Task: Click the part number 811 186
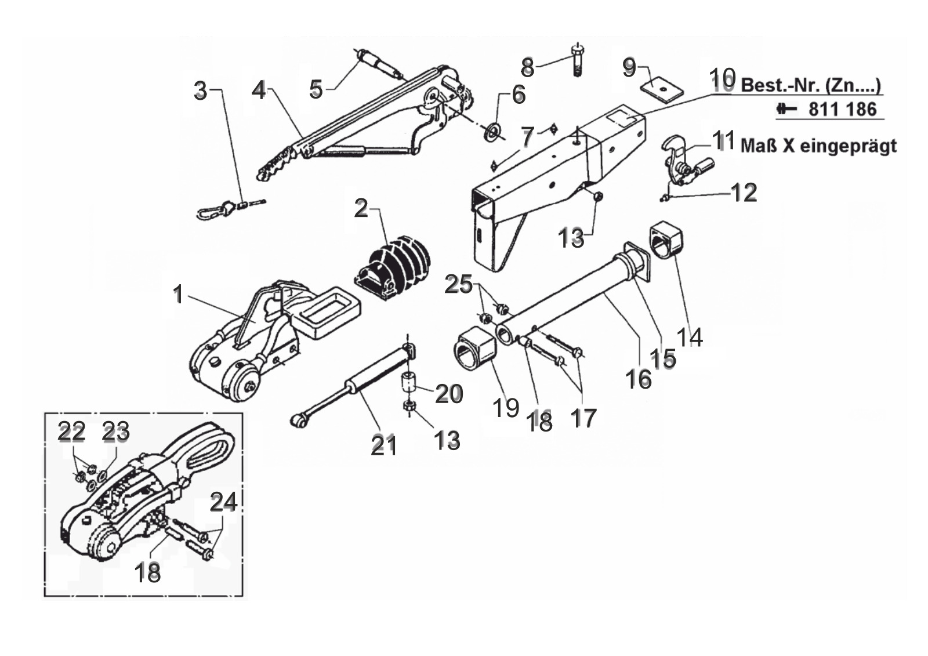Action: click(842, 110)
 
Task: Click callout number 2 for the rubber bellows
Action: click(361, 208)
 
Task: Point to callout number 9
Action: click(629, 67)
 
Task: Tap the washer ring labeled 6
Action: click(493, 131)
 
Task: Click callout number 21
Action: click(383, 446)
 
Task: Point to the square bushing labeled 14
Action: click(665, 240)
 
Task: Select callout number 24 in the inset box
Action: click(223, 502)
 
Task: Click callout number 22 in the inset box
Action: click(71, 431)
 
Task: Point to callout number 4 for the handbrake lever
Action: click(259, 90)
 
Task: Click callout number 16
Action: click(639, 379)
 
